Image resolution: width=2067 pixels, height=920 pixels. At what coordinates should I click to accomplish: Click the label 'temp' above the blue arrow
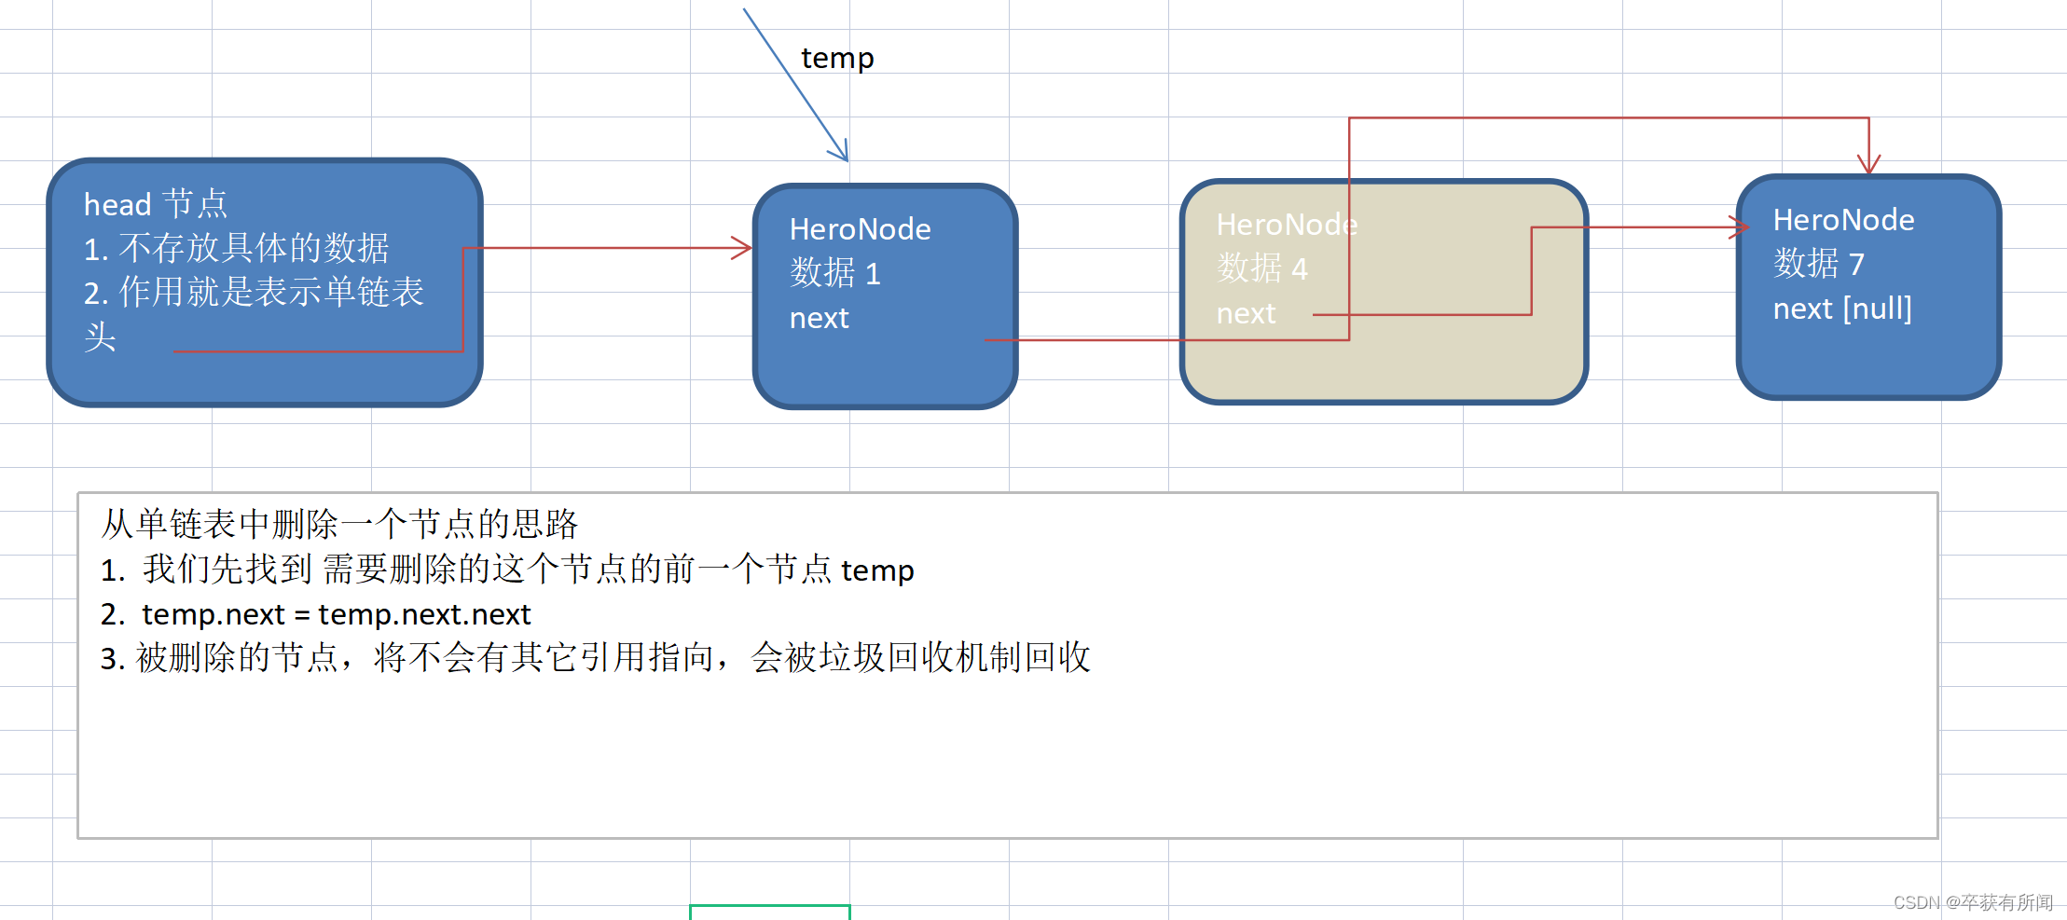click(x=837, y=59)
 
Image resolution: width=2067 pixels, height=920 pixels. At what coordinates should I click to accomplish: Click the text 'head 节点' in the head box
click(x=155, y=204)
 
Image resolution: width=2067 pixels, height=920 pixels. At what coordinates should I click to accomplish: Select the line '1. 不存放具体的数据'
click(x=236, y=249)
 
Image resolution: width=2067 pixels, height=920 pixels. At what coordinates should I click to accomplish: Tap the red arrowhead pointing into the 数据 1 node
click(x=743, y=248)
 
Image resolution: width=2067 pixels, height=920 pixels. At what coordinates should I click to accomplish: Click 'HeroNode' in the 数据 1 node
click(x=860, y=229)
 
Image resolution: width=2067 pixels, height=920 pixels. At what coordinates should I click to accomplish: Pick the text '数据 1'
click(x=834, y=273)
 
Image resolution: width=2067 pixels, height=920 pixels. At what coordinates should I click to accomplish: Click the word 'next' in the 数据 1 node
click(x=819, y=319)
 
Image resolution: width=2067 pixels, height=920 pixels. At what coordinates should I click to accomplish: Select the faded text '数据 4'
click(x=1261, y=269)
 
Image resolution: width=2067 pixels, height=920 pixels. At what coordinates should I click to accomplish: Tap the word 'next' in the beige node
click(x=1246, y=314)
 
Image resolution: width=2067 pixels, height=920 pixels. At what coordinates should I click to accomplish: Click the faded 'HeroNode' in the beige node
click(x=1287, y=225)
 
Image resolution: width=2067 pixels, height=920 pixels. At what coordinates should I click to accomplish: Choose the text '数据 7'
click(x=1818, y=264)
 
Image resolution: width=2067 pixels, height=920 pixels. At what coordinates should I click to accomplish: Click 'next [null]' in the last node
click(x=1842, y=309)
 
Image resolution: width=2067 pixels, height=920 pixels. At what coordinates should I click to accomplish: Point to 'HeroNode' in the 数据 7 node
click(x=1843, y=220)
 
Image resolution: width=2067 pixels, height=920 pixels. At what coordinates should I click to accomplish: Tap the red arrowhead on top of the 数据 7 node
click(x=1868, y=165)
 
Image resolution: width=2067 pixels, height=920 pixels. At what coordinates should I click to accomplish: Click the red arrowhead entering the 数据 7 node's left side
click(x=1740, y=227)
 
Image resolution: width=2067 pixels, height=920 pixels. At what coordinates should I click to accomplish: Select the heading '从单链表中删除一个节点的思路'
click(x=339, y=524)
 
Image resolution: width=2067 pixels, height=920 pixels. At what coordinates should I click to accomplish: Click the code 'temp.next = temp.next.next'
click(x=336, y=614)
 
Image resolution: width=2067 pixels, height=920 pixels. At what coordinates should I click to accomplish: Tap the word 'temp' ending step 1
click(x=877, y=570)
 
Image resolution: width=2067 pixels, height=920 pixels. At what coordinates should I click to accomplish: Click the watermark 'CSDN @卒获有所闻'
click(x=1973, y=902)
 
